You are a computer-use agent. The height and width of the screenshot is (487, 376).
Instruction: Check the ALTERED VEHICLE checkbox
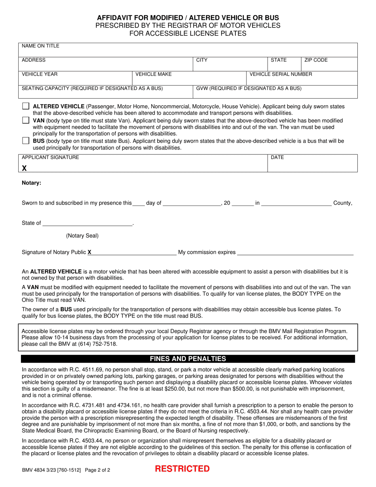pos(26,107)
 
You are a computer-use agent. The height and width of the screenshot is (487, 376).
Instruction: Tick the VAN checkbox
pos(26,120)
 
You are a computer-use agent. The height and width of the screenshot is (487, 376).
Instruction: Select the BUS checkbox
pos(26,141)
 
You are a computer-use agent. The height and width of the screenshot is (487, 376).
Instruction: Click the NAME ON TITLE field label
pos(40,46)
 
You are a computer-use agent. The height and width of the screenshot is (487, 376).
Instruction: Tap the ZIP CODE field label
pos(316,60)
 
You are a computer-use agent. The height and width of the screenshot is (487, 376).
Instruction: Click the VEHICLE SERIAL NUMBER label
pos(281,74)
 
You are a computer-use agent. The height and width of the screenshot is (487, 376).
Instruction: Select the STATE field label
pos(279,60)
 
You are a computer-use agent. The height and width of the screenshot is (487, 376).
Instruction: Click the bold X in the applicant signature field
pos(25,168)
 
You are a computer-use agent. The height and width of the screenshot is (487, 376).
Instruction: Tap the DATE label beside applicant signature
pos(277,158)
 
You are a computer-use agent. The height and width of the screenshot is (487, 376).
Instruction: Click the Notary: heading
pos(31,183)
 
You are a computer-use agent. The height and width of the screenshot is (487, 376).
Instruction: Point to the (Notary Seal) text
pos(82,236)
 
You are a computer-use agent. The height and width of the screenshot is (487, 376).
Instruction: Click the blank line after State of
pos(87,224)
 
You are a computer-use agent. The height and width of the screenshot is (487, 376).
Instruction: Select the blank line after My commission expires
pos(295,253)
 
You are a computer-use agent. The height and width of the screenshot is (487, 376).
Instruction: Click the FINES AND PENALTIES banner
pos(188,359)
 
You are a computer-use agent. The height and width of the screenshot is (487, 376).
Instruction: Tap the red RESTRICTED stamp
pos(182,469)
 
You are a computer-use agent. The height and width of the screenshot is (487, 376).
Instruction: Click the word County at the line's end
pos(343,203)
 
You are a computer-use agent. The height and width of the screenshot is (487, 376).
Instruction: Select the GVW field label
pos(249,88)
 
